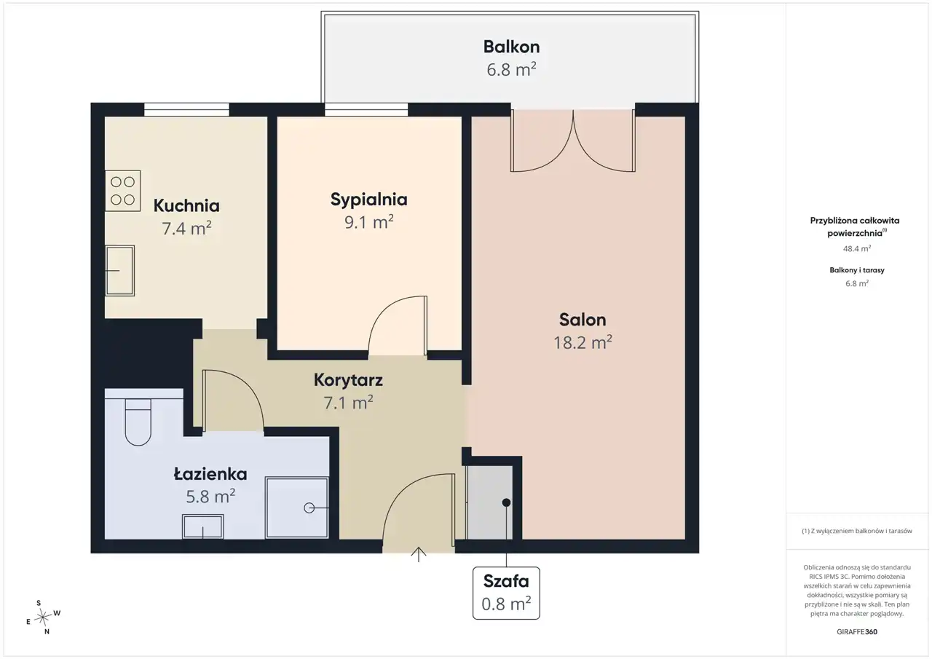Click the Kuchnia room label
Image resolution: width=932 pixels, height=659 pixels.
pyautogui.click(x=186, y=205)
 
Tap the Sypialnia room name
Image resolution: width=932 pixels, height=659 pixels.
pyautogui.click(x=368, y=200)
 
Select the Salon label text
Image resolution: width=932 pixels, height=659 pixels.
pyautogui.click(x=582, y=320)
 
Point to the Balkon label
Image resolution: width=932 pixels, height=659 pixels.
pyautogui.click(x=511, y=47)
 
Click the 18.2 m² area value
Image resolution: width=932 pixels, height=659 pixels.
pyautogui.click(x=582, y=342)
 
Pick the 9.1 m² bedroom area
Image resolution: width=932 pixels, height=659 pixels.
pyautogui.click(x=368, y=222)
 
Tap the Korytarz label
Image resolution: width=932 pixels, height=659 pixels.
pyautogui.click(x=348, y=380)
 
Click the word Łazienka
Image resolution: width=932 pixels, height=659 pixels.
pyautogui.click(x=210, y=474)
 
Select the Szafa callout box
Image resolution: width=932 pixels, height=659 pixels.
pyautogui.click(x=506, y=593)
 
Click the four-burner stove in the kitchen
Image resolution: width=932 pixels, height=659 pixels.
pyautogui.click(x=123, y=191)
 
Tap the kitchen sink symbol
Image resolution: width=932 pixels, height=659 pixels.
pyautogui.click(x=120, y=270)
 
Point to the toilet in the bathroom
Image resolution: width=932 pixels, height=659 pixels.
pyautogui.click(x=138, y=422)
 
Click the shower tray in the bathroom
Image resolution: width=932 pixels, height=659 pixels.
pyautogui.click(x=296, y=508)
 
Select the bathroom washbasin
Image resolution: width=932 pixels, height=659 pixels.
pyautogui.click(x=202, y=526)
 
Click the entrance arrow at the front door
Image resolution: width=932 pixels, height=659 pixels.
pyautogui.click(x=419, y=555)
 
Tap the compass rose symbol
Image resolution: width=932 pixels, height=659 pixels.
pyautogui.click(x=43, y=617)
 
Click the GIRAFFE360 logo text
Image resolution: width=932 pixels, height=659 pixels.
pyautogui.click(x=857, y=631)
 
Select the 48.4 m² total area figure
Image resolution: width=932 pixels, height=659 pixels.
pyautogui.click(x=857, y=248)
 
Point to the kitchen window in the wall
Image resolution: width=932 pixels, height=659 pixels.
pyautogui.click(x=187, y=109)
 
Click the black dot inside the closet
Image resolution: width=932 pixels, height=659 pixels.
pyautogui.click(x=506, y=502)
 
